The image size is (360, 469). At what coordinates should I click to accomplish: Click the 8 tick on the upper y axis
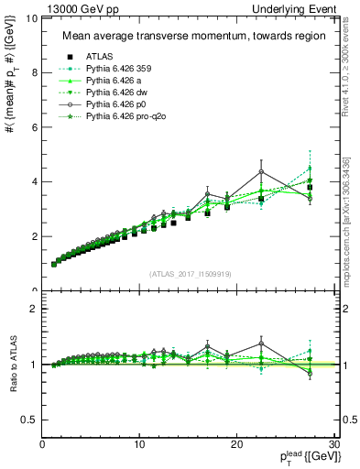coord(34,72)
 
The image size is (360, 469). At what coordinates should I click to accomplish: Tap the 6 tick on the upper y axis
coord(34,127)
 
